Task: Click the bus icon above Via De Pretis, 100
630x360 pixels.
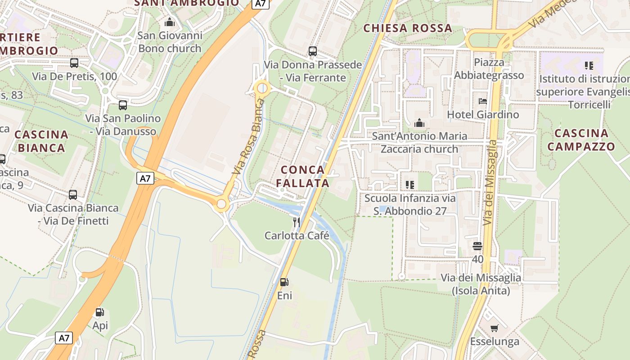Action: tap(74, 63)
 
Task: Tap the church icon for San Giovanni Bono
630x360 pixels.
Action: tap(170, 22)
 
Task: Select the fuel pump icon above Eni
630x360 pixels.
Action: tap(284, 282)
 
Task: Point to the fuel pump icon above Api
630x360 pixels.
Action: tap(100, 312)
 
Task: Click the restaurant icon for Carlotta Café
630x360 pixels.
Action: tap(297, 222)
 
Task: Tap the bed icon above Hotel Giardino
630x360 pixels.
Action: tap(483, 101)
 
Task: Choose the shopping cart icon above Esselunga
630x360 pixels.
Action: tap(494, 328)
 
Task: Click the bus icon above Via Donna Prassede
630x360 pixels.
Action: tap(312, 51)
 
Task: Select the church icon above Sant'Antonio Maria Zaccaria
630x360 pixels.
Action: tap(419, 122)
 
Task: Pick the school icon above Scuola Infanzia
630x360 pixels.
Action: tap(409, 184)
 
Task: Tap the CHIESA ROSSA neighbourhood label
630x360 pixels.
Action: tap(408, 28)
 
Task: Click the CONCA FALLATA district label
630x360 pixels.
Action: tap(302, 176)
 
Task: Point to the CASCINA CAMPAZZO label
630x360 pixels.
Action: tap(581, 139)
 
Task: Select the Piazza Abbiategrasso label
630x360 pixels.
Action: tap(489, 68)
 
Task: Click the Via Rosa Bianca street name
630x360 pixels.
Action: tap(247, 137)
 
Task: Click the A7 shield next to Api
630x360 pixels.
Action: tap(64, 338)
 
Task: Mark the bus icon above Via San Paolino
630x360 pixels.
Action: tap(122, 105)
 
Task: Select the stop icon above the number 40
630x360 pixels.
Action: tap(477, 246)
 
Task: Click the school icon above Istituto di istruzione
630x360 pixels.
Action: tap(589, 66)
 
